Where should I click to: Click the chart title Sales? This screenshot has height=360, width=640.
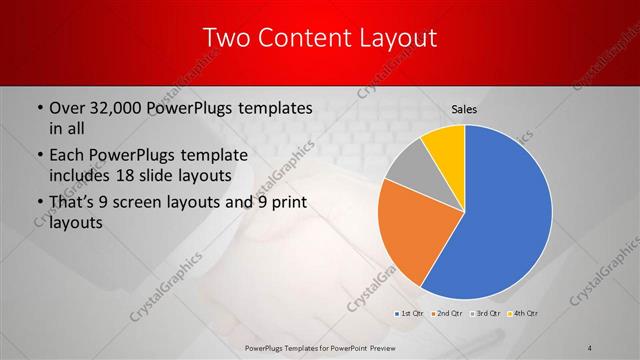pyautogui.click(x=464, y=108)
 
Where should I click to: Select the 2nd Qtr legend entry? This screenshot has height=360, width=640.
pyautogui.click(x=445, y=314)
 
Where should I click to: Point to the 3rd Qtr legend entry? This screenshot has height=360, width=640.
pyautogui.click(x=486, y=314)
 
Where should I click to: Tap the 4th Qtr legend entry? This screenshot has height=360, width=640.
pyautogui.click(x=524, y=314)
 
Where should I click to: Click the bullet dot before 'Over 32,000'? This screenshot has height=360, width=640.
pyautogui.click(x=38, y=107)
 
